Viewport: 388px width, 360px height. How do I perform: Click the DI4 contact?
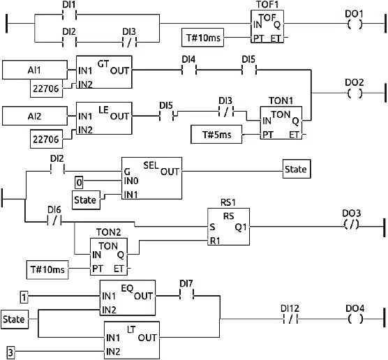click(x=188, y=70)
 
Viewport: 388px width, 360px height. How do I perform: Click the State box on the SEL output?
click(x=296, y=170)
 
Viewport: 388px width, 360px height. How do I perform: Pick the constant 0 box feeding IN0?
click(x=79, y=183)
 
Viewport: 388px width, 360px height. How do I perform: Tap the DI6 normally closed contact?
click(x=53, y=223)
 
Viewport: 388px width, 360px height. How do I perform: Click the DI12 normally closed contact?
click(x=290, y=320)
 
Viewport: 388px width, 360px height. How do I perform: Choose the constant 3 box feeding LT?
click(x=10, y=350)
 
